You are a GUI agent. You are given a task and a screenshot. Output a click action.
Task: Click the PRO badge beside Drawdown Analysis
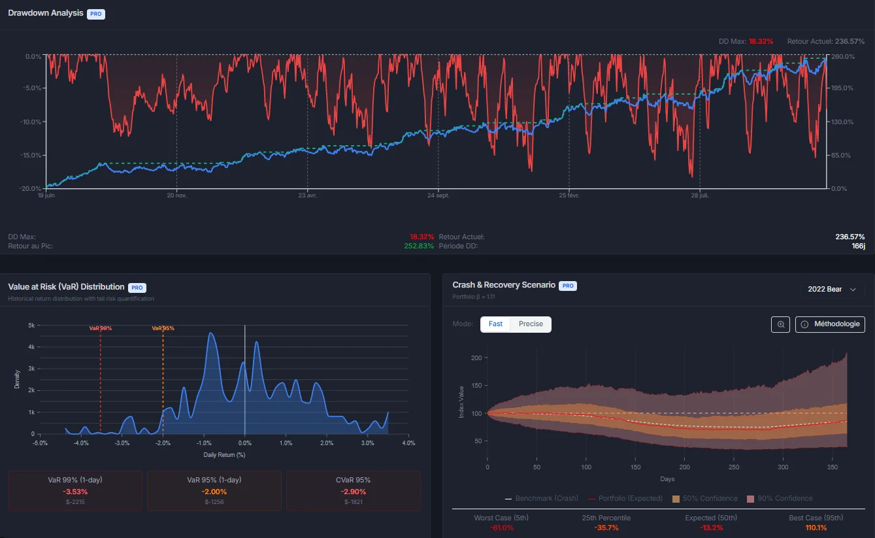(96, 14)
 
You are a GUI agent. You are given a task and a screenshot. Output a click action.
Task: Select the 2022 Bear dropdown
(832, 289)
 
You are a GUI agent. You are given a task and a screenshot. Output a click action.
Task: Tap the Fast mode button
(495, 324)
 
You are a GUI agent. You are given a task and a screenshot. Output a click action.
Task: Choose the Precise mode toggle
(531, 324)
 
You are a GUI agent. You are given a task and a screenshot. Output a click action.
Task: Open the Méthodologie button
(830, 324)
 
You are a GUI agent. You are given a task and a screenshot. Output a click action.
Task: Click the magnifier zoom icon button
(780, 324)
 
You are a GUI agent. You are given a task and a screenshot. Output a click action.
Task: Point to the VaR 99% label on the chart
(101, 328)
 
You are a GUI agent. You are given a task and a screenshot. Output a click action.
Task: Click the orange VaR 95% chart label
(163, 328)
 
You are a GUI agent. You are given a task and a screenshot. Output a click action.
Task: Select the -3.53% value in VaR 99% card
(75, 492)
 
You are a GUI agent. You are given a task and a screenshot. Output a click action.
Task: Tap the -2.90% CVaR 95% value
(354, 492)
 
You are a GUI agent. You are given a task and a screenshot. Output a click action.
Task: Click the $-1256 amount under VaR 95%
(214, 502)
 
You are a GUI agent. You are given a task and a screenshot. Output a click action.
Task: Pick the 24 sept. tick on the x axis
(438, 195)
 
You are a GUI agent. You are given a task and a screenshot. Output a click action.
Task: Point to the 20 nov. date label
(176, 195)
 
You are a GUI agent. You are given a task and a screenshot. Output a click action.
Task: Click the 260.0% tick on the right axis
(843, 57)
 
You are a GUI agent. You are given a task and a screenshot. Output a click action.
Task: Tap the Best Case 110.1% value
(816, 528)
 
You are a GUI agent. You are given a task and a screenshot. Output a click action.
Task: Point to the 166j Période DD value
(858, 246)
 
